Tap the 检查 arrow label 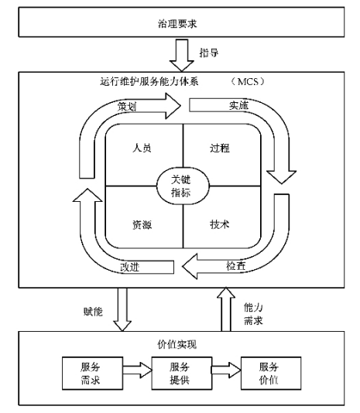click(236, 265)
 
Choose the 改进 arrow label click(130, 267)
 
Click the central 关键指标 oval click(183, 185)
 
